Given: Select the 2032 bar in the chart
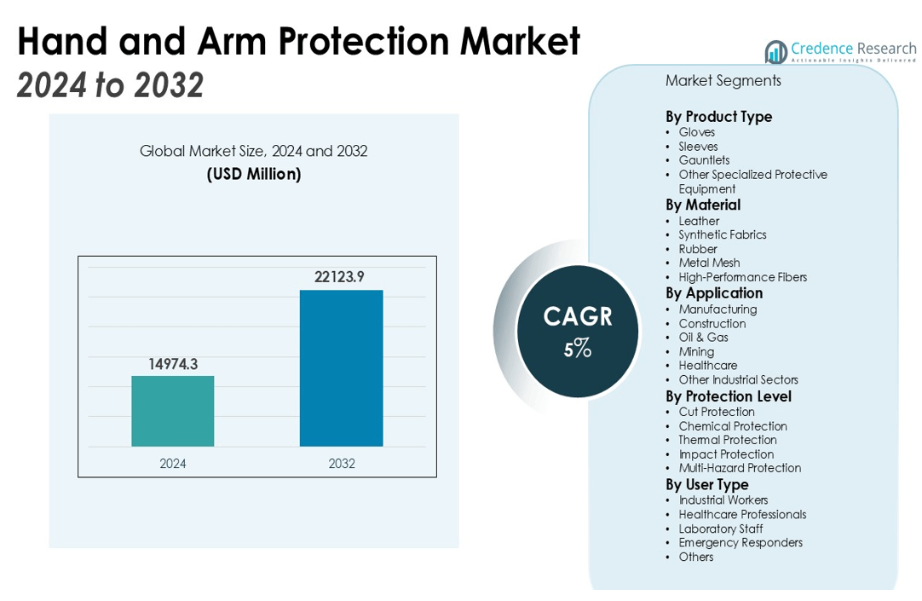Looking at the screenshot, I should click(341, 367).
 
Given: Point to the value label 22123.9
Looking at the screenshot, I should click(341, 276).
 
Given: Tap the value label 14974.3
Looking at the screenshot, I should click(172, 363).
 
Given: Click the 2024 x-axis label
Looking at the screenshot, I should click(172, 464).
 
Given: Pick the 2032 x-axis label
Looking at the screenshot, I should click(341, 464).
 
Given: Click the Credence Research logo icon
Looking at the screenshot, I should click(775, 52).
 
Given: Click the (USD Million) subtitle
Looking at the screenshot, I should click(253, 174).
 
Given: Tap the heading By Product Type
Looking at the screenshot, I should click(718, 117).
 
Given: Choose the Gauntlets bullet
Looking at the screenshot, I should click(704, 160).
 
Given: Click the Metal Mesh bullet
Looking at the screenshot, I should click(709, 263).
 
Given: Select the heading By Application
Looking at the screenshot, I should click(714, 293).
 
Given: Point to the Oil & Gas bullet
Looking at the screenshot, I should click(703, 337).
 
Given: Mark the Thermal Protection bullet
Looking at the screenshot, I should click(728, 440).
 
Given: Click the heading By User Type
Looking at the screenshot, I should click(706, 484).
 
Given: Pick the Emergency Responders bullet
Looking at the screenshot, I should click(740, 542).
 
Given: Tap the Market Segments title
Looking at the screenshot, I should click(723, 81).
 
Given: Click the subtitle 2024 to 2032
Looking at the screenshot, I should click(110, 85).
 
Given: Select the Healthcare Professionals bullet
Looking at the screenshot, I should click(742, 514).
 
